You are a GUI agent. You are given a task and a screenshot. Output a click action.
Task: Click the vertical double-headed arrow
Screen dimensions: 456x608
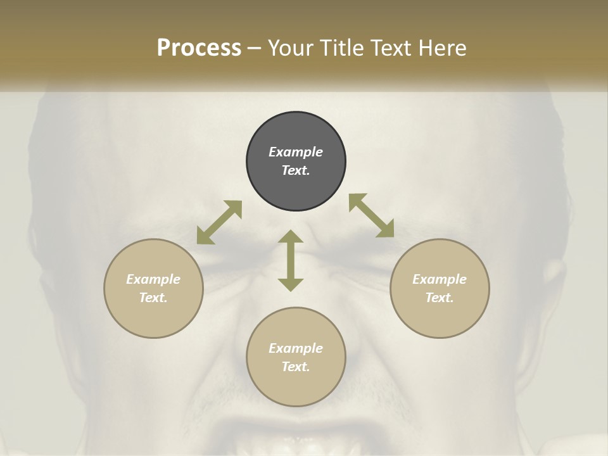coord(291,260)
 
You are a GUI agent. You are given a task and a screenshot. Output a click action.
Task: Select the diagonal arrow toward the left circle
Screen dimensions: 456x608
coord(219,222)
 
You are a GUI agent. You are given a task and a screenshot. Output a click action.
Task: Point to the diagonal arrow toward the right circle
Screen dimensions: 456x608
coord(371,215)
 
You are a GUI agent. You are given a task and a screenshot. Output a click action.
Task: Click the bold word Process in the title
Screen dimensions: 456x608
coord(199,47)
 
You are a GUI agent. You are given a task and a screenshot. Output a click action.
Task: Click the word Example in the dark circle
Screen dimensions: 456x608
coord(296,152)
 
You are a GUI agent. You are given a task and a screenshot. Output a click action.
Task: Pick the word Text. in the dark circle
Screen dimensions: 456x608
coord(296,170)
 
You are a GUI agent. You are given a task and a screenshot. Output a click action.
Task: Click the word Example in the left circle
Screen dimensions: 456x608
coord(153,279)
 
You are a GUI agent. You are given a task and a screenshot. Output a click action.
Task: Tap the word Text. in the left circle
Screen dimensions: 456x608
coord(153,298)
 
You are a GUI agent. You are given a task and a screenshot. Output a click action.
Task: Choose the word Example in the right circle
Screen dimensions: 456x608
coord(440,279)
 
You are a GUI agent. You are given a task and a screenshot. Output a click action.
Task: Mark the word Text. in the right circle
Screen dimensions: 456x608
coord(440,298)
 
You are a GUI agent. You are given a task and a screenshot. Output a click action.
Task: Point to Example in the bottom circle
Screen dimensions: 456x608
coord(296,348)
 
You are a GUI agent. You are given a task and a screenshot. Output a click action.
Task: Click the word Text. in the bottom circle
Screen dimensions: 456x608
coord(296,367)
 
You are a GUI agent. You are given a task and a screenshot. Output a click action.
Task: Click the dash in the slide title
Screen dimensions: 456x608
coord(255,48)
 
